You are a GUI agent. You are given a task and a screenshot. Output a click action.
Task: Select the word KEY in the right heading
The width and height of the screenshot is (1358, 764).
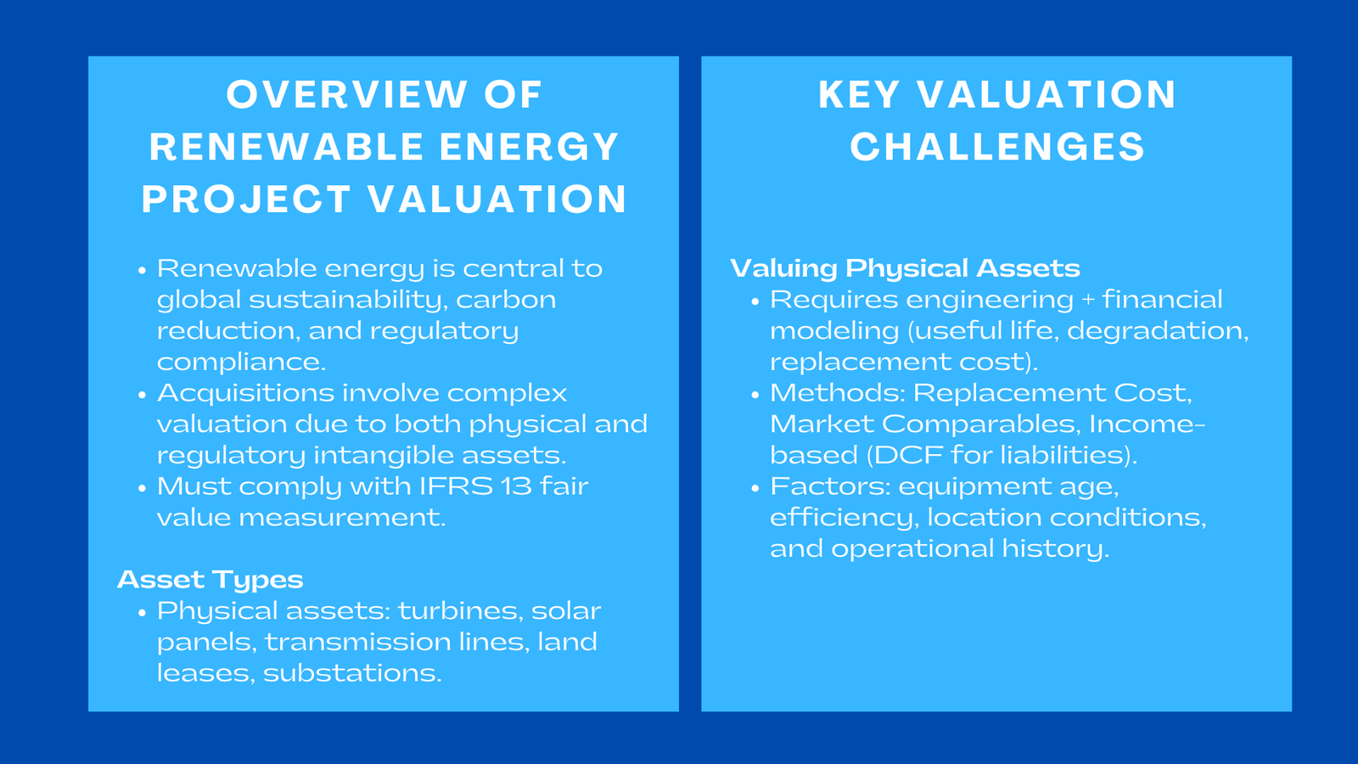pyautogui.click(x=858, y=95)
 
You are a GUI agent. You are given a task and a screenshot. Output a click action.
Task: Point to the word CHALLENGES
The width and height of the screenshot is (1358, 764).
pyautogui.click(x=997, y=148)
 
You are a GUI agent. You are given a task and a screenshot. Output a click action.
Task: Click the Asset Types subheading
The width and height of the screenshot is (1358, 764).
pyautogui.click(x=210, y=580)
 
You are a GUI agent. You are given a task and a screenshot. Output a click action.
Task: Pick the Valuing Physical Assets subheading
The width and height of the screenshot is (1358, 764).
pyautogui.click(x=905, y=268)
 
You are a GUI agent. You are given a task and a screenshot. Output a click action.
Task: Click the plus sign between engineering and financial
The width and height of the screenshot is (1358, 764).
pyautogui.click(x=1088, y=300)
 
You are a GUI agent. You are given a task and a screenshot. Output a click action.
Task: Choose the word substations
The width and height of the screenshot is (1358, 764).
pyautogui.click(x=352, y=673)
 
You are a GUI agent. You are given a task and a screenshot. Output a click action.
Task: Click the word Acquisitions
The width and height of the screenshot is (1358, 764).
pyautogui.click(x=245, y=394)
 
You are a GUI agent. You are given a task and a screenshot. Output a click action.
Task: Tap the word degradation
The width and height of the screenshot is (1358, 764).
pyautogui.click(x=1158, y=331)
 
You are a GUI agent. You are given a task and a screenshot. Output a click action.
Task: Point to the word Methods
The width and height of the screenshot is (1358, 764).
pyautogui.click(x=837, y=393)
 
